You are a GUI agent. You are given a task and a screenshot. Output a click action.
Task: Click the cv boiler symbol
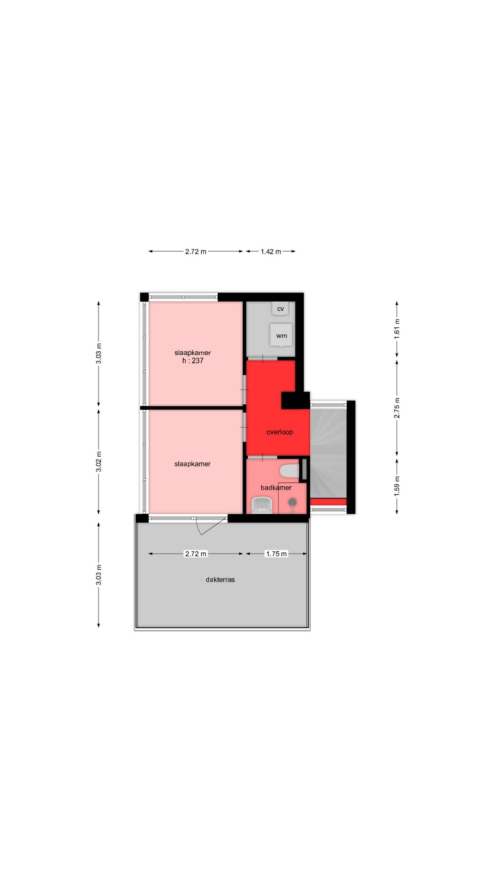[x=280, y=308]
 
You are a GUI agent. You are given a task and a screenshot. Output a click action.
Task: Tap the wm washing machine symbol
[x=281, y=335]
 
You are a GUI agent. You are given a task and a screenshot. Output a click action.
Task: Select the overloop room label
[x=280, y=432]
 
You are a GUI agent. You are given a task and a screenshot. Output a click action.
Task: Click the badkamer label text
[x=276, y=487]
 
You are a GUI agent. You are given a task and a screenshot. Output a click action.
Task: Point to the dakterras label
[x=220, y=579]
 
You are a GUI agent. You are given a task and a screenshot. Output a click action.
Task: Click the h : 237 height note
[x=193, y=361]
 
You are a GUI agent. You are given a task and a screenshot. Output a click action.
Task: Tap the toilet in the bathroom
[x=289, y=471]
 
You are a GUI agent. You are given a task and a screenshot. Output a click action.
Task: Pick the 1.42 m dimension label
[x=271, y=251]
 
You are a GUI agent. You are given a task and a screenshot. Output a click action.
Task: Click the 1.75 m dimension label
[x=276, y=554]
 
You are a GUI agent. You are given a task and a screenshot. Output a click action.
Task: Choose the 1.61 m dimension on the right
[x=397, y=329]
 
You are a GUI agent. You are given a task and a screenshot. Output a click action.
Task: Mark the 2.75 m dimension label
[x=397, y=407]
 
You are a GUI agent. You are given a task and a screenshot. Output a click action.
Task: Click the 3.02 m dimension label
[x=99, y=461]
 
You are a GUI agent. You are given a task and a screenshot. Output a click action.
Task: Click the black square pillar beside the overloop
[x=296, y=401]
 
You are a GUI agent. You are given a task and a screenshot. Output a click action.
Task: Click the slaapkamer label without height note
[x=192, y=464]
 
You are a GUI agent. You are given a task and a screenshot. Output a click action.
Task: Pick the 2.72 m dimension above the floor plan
[x=196, y=251]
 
